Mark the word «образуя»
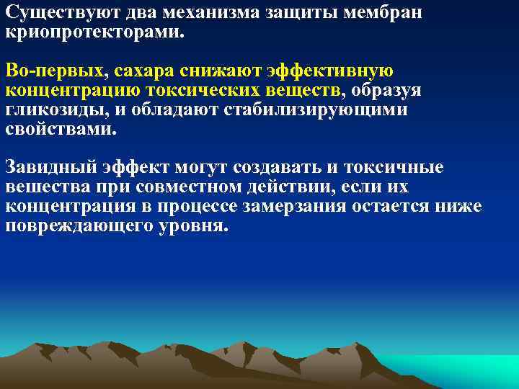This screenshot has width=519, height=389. [x=386, y=91]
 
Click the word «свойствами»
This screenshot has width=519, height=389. [x=58, y=130]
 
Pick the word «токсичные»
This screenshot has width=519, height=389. [x=389, y=168]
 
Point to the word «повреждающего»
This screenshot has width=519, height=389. [x=86, y=225]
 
